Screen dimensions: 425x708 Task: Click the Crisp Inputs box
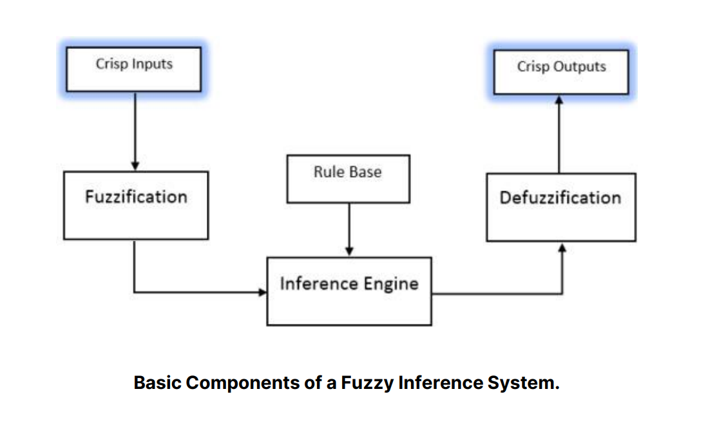[x=134, y=68]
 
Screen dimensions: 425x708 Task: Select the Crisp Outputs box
[x=560, y=71]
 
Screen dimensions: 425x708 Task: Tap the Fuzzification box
[x=136, y=205]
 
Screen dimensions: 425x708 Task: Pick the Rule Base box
[x=347, y=178]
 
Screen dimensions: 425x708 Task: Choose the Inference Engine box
[x=349, y=291]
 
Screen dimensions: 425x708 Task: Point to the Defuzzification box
[x=560, y=207]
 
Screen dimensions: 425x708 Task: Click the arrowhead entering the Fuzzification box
[x=135, y=167]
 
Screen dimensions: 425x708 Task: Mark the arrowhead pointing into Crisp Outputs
[x=559, y=100]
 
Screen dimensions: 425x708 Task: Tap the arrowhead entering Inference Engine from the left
[x=262, y=292]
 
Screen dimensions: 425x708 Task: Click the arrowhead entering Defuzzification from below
[x=563, y=247]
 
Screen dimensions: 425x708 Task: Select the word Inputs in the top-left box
[x=152, y=64]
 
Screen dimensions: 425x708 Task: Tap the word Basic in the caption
[x=158, y=382]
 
